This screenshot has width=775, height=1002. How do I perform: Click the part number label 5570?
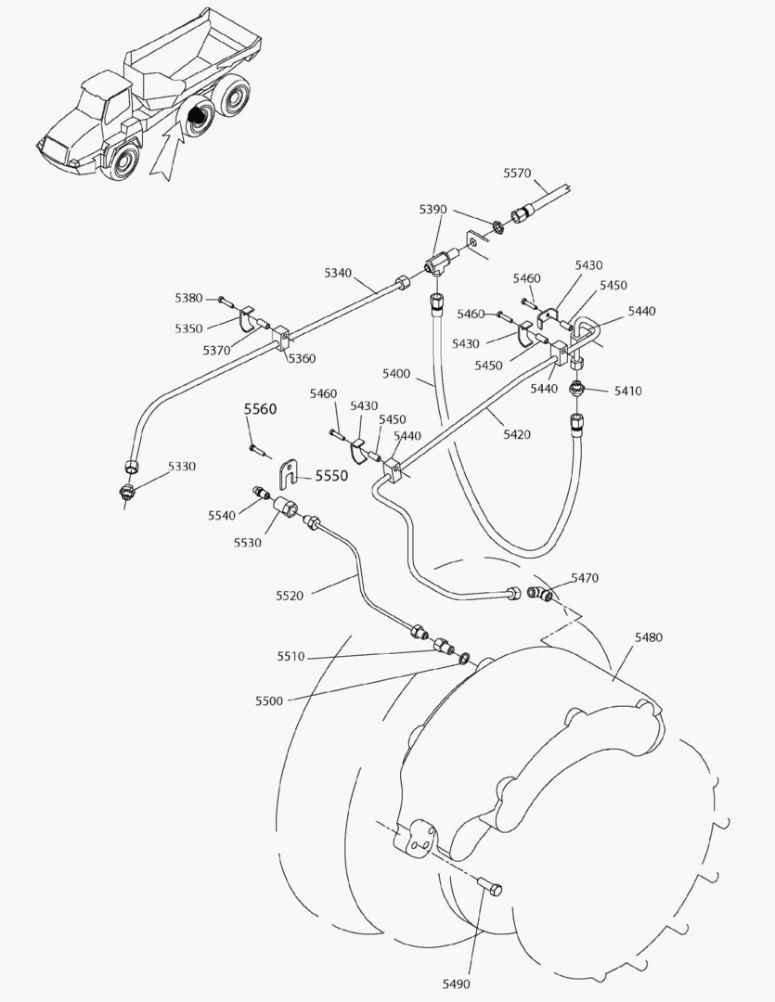tap(517, 173)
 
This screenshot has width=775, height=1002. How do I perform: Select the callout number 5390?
tap(433, 211)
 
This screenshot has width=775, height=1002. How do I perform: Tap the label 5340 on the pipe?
tap(338, 273)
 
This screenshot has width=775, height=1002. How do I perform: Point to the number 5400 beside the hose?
tap(396, 373)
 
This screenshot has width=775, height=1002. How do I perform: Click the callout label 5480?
tap(648, 637)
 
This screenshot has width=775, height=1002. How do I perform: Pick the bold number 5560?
tap(261, 409)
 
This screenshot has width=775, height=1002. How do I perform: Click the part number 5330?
tap(182, 466)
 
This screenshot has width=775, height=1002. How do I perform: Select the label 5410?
tap(627, 391)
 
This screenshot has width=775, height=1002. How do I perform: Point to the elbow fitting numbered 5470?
tap(541, 595)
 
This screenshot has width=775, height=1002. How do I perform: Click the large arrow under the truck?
tap(165, 153)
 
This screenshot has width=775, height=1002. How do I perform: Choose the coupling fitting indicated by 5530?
tap(285, 508)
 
